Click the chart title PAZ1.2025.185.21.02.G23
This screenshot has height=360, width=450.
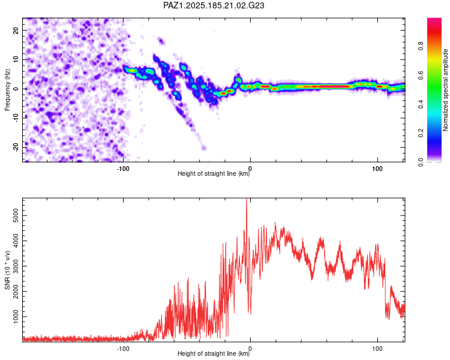(x=214, y=5)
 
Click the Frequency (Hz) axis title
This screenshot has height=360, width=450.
(x=7, y=90)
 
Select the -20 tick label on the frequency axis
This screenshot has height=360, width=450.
(x=16, y=148)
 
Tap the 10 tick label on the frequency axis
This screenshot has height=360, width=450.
(x=16, y=59)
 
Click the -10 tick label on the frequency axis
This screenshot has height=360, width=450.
(x=16, y=118)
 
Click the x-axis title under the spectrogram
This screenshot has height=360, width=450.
(x=214, y=173)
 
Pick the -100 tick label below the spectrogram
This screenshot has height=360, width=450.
(x=123, y=169)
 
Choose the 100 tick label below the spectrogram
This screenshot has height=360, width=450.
(x=377, y=169)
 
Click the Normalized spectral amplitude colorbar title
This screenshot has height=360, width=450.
(x=445, y=90)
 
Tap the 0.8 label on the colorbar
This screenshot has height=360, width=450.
(x=421, y=46)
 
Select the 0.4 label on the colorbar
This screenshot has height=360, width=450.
(x=421, y=104)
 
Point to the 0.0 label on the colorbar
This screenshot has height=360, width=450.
(x=421, y=162)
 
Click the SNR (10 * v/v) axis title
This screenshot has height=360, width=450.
(x=7, y=270)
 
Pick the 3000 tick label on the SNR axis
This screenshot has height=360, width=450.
(x=16, y=266)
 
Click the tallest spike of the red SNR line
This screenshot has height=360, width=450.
(x=247, y=199)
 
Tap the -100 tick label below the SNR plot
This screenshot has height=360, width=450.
(x=123, y=349)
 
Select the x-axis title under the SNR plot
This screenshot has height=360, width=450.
(x=214, y=353)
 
